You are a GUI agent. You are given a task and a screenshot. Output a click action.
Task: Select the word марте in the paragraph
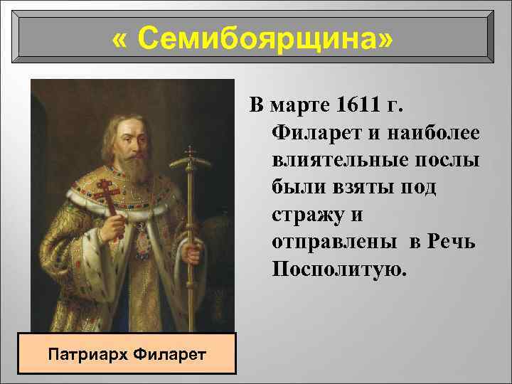(300, 106)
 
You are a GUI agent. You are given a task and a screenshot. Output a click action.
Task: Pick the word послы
(451, 160)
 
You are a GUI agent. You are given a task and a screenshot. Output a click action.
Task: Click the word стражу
(307, 214)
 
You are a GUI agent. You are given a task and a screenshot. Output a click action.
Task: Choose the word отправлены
(334, 241)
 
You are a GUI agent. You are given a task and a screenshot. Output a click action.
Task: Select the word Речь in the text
(452, 241)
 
